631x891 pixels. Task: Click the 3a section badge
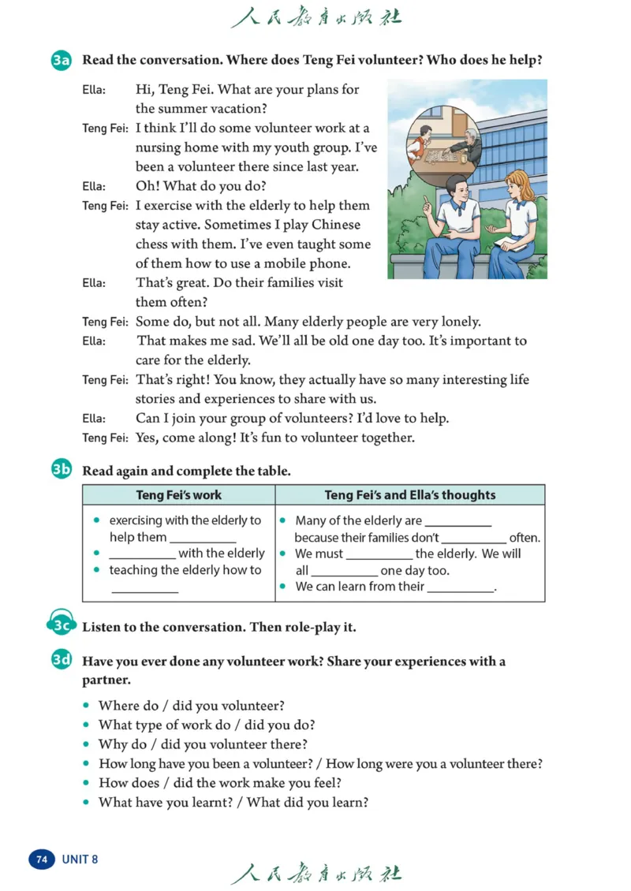tap(62, 61)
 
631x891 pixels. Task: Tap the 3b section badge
tap(62, 471)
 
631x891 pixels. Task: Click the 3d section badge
tap(62, 661)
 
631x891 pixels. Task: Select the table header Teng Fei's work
tap(179, 495)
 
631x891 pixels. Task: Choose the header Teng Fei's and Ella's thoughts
tap(410, 495)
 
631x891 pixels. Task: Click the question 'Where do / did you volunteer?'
tap(191, 706)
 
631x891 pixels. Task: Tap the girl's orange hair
tap(522, 181)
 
